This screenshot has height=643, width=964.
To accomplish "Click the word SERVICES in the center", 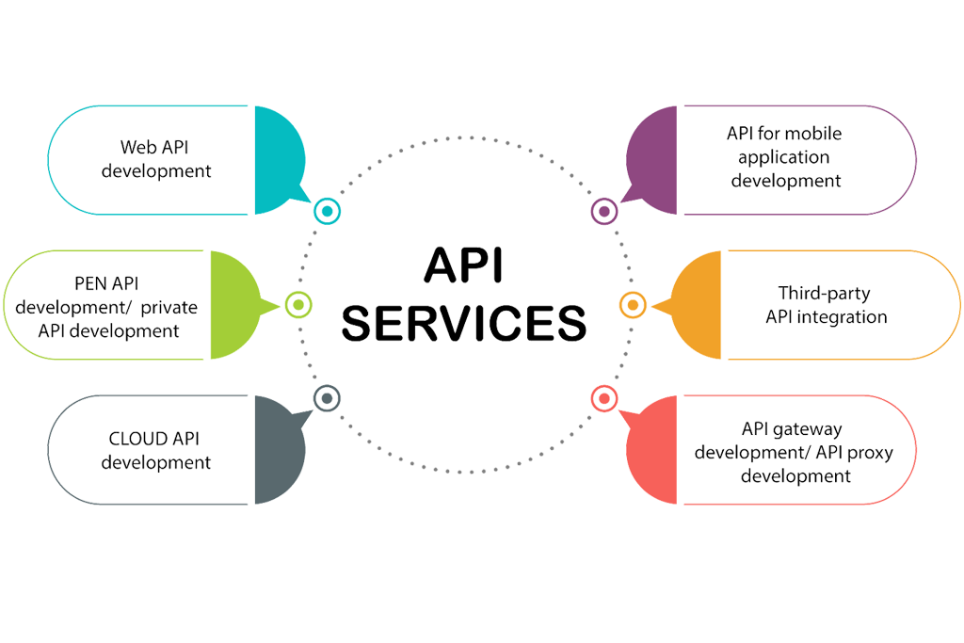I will [463, 322].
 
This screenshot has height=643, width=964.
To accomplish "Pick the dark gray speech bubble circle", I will [266, 450].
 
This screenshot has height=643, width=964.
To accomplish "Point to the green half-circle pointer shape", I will [235, 304].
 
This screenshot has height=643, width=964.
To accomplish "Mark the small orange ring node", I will [633, 303].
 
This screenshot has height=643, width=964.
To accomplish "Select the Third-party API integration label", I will [825, 305].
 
